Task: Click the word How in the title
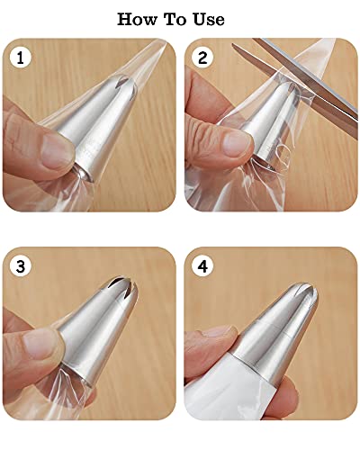pos(139,19)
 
